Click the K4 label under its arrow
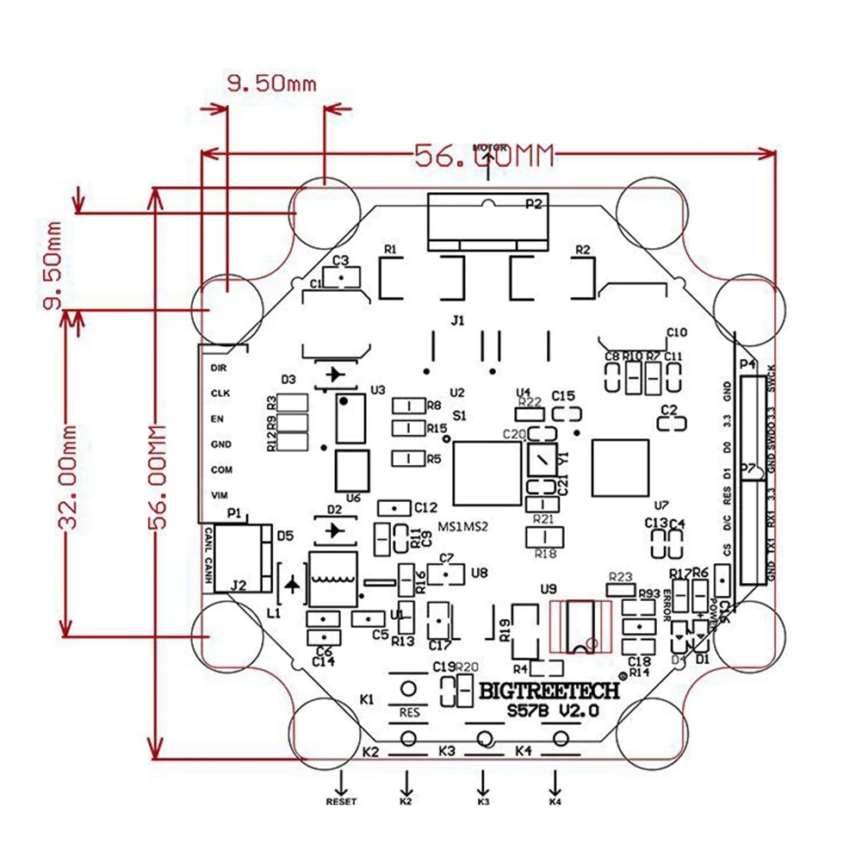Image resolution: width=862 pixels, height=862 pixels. pyautogui.click(x=555, y=803)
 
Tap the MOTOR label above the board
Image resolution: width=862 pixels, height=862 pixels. pyautogui.click(x=489, y=147)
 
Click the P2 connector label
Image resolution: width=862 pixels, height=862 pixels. pyautogui.click(x=535, y=204)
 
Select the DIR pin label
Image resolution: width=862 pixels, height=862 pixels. pyautogui.click(x=218, y=367)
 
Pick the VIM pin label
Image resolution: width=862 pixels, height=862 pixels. pyautogui.click(x=219, y=496)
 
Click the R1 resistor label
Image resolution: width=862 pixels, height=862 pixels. pyautogui.click(x=391, y=250)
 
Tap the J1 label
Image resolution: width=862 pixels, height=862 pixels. pyautogui.click(x=457, y=320)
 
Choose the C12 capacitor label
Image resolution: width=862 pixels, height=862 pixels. pyautogui.click(x=426, y=507)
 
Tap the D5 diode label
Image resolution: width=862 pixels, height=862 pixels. pyautogui.click(x=285, y=536)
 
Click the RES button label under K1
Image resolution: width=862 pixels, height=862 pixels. pyautogui.click(x=409, y=713)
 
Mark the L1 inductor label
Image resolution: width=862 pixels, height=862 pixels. pyautogui.click(x=275, y=613)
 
